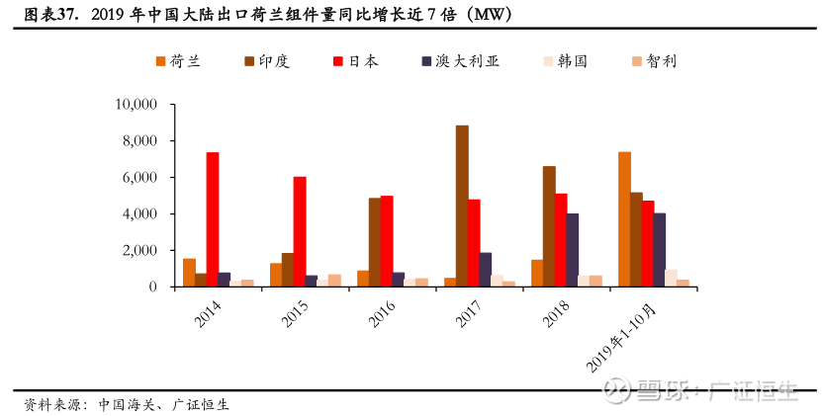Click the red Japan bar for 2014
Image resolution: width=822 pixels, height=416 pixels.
point(213,219)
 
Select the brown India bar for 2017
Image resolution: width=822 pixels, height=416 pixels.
point(462,206)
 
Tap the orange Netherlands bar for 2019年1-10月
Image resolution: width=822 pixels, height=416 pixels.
point(624,219)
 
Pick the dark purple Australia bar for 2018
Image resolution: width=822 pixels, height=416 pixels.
point(573,250)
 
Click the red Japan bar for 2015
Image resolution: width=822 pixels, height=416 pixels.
point(300,231)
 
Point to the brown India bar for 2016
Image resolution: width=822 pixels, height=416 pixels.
point(375,242)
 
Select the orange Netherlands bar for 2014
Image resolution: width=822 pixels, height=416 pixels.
point(189,273)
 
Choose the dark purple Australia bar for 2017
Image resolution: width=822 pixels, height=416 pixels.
point(486,270)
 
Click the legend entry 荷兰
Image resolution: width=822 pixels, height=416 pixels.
point(178,61)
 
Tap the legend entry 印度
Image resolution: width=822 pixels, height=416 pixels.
point(267,61)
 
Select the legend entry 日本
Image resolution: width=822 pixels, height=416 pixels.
point(356,61)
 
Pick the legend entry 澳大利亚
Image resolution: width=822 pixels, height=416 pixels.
point(461,61)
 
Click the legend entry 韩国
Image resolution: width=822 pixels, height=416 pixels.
point(565,61)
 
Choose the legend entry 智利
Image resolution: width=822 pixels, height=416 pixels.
point(654,61)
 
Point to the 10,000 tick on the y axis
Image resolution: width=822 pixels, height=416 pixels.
point(137,105)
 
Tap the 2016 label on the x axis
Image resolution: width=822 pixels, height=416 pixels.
point(382,313)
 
